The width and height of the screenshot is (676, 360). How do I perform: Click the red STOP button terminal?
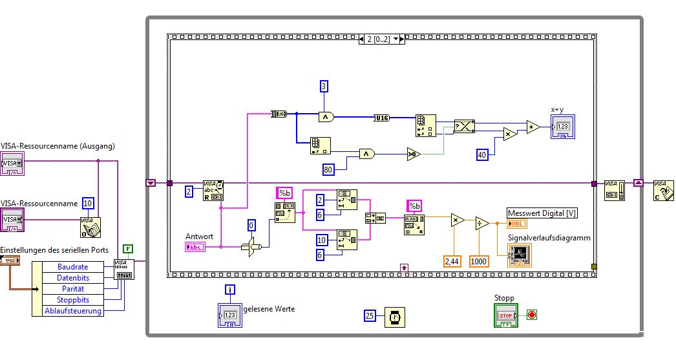coord(505,315)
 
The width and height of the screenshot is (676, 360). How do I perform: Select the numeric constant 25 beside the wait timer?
coord(370,315)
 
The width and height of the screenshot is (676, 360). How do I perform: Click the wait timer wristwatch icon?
coord(394,316)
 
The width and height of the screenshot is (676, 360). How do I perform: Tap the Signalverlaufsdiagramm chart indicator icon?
coord(519,255)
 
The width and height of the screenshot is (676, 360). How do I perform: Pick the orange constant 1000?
coord(479,261)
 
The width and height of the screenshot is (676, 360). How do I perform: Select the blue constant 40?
coord(482,155)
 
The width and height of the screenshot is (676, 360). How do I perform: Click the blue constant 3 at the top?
coord(324,86)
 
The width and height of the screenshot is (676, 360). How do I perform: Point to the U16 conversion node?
coord(382,118)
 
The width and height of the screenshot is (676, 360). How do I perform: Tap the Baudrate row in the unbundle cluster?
coord(72,267)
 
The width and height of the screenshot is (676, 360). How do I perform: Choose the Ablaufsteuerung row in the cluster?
coord(72,311)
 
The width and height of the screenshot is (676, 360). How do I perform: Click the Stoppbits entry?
coord(72,300)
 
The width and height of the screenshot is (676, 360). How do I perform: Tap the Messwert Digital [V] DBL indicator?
coord(517,224)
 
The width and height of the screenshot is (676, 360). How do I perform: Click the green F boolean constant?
coord(127,249)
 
